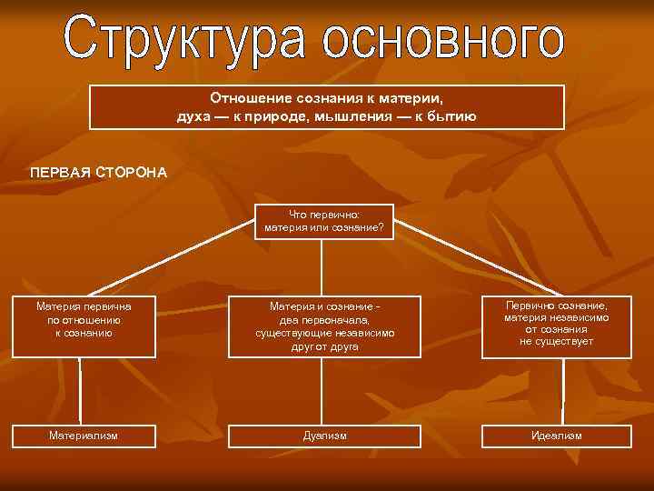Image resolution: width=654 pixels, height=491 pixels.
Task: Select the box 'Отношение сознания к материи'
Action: pos(326,107)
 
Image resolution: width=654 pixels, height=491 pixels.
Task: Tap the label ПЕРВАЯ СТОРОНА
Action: pos(98,172)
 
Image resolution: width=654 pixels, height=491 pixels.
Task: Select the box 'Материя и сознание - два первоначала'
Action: pos(324,326)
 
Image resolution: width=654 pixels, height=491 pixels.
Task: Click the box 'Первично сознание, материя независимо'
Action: pos(556,325)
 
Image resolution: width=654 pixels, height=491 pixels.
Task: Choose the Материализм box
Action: pos(84,436)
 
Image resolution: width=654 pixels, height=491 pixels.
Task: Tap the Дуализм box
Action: pos(324,436)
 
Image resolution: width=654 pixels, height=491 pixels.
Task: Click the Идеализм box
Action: pos(556,436)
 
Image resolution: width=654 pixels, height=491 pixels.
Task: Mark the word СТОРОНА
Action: pos(129,172)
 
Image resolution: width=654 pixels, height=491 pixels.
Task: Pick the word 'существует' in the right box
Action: pos(569,342)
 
